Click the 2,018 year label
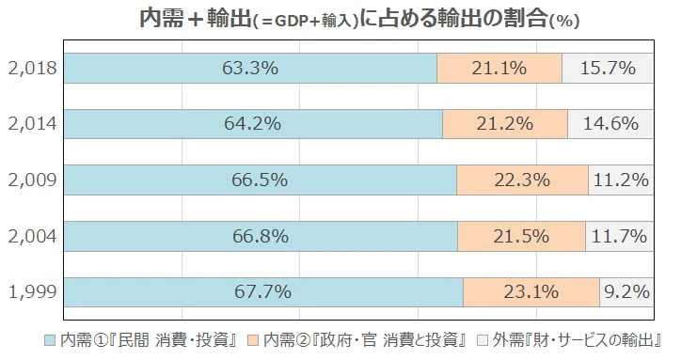(x=33, y=69)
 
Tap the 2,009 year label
(x=33, y=180)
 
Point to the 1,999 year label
(x=33, y=291)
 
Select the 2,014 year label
(x=33, y=124)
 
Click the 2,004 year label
(x=33, y=236)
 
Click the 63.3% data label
(x=250, y=69)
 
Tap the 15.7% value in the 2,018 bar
(x=608, y=69)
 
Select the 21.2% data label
(x=505, y=124)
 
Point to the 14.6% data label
(x=610, y=124)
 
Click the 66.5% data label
(x=260, y=180)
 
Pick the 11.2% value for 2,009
(x=621, y=180)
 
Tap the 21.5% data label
(x=521, y=236)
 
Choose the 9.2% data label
(x=626, y=291)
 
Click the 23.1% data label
(x=531, y=291)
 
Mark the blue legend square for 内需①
(x=51, y=340)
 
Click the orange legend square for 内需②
(x=253, y=340)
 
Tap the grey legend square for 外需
(x=483, y=340)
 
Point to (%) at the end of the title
(x=564, y=22)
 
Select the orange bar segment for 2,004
(x=521, y=236)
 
